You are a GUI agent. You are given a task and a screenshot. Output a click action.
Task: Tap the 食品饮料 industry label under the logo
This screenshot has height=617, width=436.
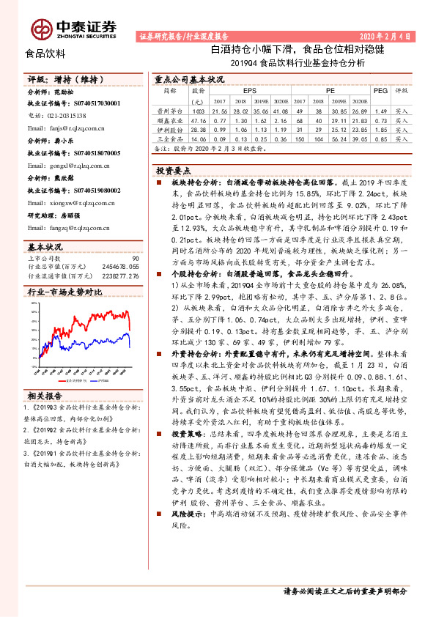[45, 53]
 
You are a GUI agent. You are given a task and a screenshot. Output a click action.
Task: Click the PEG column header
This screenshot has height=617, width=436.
[380, 90]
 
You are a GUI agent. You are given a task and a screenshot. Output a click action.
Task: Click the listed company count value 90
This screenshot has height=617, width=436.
[136, 259]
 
